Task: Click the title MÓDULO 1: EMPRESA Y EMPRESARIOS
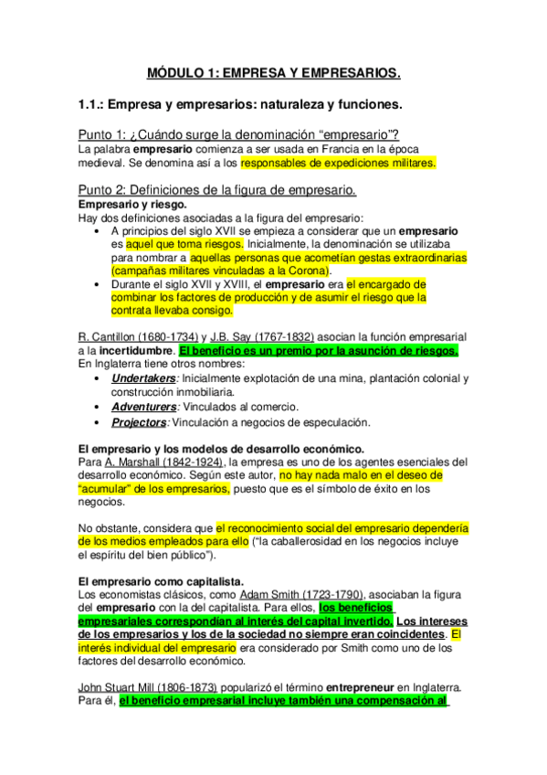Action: coord(274,71)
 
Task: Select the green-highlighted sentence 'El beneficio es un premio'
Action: coord(319,350)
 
